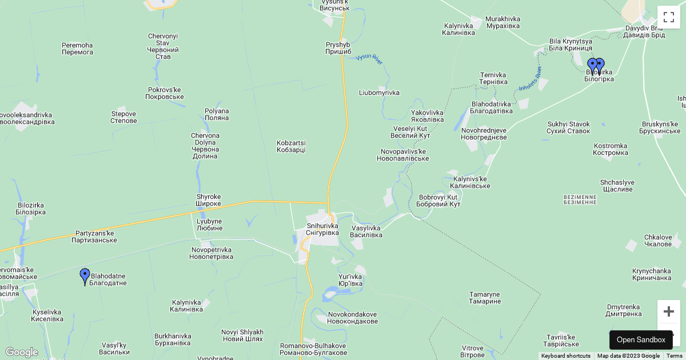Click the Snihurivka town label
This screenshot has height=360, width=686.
pos(322,229)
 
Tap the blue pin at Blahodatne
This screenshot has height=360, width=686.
pos(85,277)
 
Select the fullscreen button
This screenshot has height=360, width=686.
pos(668,17)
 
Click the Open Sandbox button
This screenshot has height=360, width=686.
pos(641,340)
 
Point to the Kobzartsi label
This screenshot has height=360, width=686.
pos(291,146)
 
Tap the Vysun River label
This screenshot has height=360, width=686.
pos(369,59)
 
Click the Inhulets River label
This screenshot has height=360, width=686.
pos(530,79)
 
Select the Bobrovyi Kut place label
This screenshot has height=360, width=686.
pos(438,201)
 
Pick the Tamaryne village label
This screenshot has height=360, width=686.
pos(485,298)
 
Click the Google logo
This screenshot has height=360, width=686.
pos(22,352)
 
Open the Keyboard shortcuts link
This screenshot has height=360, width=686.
pos(566,356)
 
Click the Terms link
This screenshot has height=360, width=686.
pos(675,356)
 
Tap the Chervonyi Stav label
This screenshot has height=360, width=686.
pos(163,46)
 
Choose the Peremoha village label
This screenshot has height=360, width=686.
pos(77,49)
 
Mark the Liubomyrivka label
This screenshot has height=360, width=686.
pos(379,93)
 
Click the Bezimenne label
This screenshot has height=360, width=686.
pos(580,199)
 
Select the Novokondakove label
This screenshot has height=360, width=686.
pos(352,318)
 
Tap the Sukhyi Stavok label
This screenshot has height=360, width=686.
pos(568,127)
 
